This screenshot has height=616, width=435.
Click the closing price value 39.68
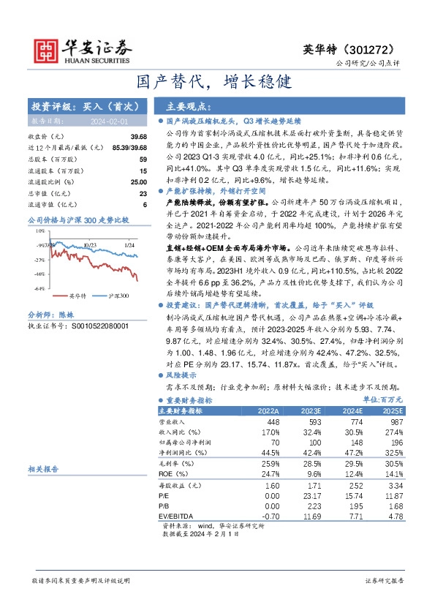[138, 137]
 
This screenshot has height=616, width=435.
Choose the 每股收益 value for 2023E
[311, 485]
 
